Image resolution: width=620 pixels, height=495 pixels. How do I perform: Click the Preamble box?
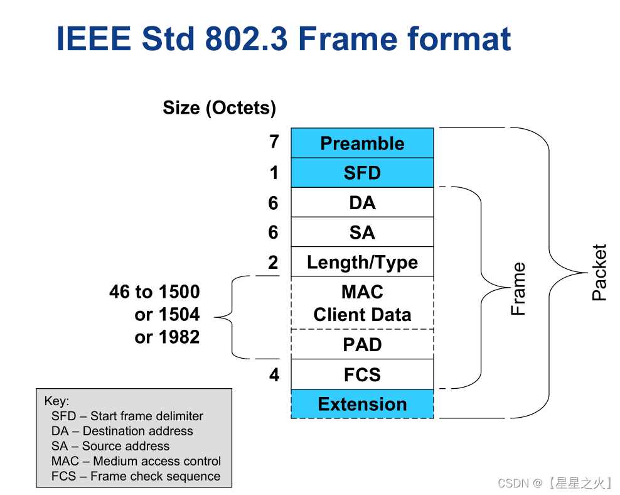point(362,143)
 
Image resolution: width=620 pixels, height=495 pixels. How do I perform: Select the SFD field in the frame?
point(362,173)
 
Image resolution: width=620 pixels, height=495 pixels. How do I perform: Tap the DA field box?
point(362,202)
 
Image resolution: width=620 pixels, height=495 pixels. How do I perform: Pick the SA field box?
point(362,232)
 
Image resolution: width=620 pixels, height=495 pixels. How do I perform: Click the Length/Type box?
point(362,262)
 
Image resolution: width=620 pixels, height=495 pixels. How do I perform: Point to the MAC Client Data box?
point(362,303)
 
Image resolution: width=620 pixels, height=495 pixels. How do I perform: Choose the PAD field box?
point(362,344)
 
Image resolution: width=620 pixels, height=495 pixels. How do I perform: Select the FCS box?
point(362,374)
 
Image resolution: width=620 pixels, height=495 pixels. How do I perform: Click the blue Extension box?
point(362,404)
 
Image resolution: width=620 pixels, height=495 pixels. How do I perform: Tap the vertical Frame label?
point(518,289)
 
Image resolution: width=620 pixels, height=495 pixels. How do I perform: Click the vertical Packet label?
point(599,272)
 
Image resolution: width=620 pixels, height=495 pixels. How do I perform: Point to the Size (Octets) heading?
point(219,108)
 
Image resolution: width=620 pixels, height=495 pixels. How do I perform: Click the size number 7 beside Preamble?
point(274,142)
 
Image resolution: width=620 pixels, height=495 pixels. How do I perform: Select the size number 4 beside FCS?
point(274,375)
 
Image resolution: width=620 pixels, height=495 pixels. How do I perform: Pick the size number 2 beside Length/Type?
point(273,263)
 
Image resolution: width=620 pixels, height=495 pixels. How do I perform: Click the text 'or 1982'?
point(167,337)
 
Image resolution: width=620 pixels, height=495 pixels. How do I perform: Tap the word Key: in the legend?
point(57,401)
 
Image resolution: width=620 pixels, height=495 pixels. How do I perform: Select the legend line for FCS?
point(136,476)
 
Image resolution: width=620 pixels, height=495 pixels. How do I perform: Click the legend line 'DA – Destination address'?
point(122,431)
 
